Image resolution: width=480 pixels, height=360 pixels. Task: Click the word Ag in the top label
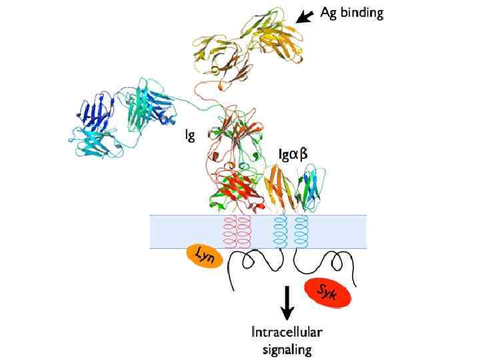(329, 13)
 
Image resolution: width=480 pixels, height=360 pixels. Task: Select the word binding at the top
(363, 13)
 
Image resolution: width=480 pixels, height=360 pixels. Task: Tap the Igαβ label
(293, 155)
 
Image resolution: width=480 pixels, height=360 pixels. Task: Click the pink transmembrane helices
(237, 231)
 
